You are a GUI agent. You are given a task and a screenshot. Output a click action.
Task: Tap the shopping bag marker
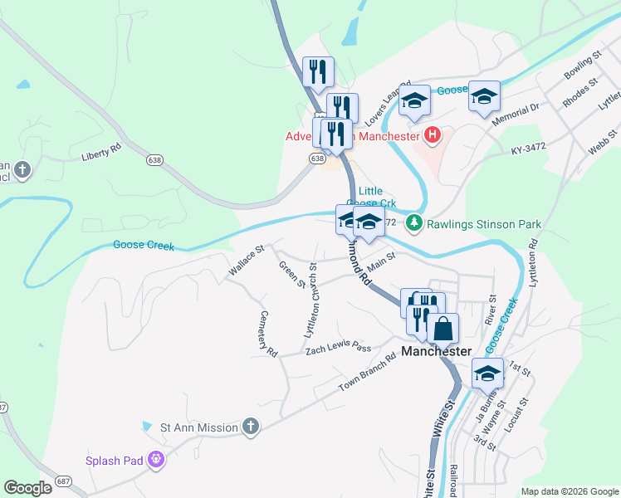point(443,328)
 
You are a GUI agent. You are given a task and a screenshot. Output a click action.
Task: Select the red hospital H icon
point(432,134)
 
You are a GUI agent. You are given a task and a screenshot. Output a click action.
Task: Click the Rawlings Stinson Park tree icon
point(413,223)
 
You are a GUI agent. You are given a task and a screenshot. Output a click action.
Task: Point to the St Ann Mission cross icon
point(251,427)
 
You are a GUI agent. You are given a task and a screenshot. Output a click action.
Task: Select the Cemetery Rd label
point(266,334)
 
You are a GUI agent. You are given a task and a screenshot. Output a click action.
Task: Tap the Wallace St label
point(246,260)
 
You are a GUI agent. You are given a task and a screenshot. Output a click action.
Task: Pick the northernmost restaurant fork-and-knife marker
point(318,72)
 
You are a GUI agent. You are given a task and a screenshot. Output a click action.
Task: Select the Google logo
point(27,488)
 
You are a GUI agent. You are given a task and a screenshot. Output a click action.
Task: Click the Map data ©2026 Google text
point(569,491)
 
